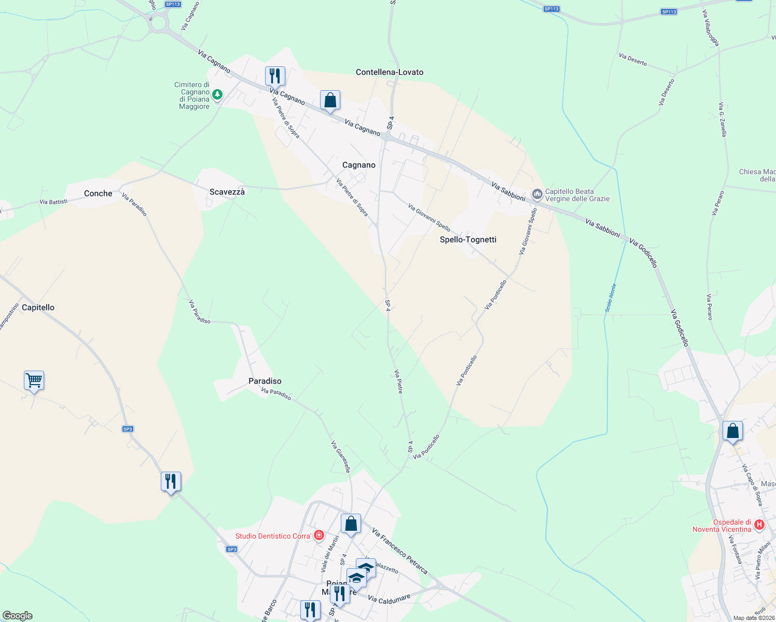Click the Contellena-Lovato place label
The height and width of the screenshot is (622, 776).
pyautogui.click(x=390, y=72)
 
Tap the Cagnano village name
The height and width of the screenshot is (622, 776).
pyautogui.click(x=358, y=165)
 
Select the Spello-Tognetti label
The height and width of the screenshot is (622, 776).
pyautogui.click(x=468, y=239)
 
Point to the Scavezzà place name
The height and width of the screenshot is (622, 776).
pyautogui.click(x=227, y=192)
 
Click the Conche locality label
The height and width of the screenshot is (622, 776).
pyautogui.click(x=98, y=193)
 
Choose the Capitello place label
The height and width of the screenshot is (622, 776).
pyautogui.click(x=38, y=307)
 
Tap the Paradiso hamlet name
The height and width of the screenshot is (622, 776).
pyautogui.click(x=265, y=381)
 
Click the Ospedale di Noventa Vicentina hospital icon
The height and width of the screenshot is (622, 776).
pyautogui.click(x=759, y=525)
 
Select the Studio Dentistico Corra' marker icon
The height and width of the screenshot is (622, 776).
pyautogui.click(x=319, y=535)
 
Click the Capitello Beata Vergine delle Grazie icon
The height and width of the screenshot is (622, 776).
pyautogui.click(x=537, y=195)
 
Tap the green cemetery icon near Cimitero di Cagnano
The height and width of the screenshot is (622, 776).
pyautogui.click(x=218, y=95)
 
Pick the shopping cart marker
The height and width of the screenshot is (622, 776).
pyautogui.click(x=34, y=380)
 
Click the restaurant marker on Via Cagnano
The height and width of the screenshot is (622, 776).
pyautogui.click(x=274, y=76)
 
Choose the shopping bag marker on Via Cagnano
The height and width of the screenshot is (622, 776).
pyautogui.click(x=330, y=100)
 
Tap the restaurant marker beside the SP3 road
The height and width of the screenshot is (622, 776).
pyautogui.click(x=171, y=482)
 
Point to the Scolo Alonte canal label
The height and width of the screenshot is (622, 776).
pyautogui.click(x=611, y=298)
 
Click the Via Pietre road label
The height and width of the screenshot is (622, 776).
pyautogui.click(x=398, y=381)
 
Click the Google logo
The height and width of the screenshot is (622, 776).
pyautogui.click(x=18, y=616)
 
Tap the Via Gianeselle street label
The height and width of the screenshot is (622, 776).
pyautogui.click(x=341, y=457)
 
